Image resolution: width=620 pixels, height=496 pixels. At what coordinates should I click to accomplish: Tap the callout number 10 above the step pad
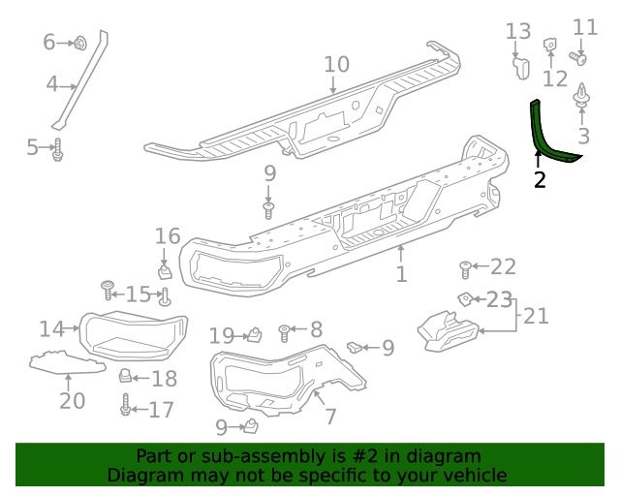pyautogui.click(x=336, y=65)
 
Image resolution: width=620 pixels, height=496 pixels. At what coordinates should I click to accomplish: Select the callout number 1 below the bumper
pyautogui.click(x=401, y=274)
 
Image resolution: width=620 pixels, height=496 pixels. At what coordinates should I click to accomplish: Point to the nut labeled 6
pyautogui.click(x=79, y=42)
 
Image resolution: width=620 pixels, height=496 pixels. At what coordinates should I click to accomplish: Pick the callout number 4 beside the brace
pyautogui.click(x=52, y=84)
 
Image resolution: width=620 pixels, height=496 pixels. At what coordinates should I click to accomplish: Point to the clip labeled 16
pyautogui.click(x=165, y=263)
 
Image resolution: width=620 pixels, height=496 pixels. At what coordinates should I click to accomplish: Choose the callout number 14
pyautogui.click(x=51, y=328)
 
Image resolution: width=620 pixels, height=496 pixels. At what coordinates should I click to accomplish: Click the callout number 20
pyautogui.click(x=72, y=399)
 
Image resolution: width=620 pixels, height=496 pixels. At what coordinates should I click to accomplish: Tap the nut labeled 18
pyautogui.click(x=127, y=376)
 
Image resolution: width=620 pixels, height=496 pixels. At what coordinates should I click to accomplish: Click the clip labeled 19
pyautogui.click(x=255, y=334)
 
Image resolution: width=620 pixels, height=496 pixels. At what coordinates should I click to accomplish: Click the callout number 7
pyautogui.click(x=330, y=417)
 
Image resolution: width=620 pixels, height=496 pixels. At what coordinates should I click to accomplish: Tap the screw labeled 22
pyautogui.click(x=465, y=267)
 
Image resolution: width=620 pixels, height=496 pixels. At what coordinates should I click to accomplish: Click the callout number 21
pyautogui.click(x=536, y=315)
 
